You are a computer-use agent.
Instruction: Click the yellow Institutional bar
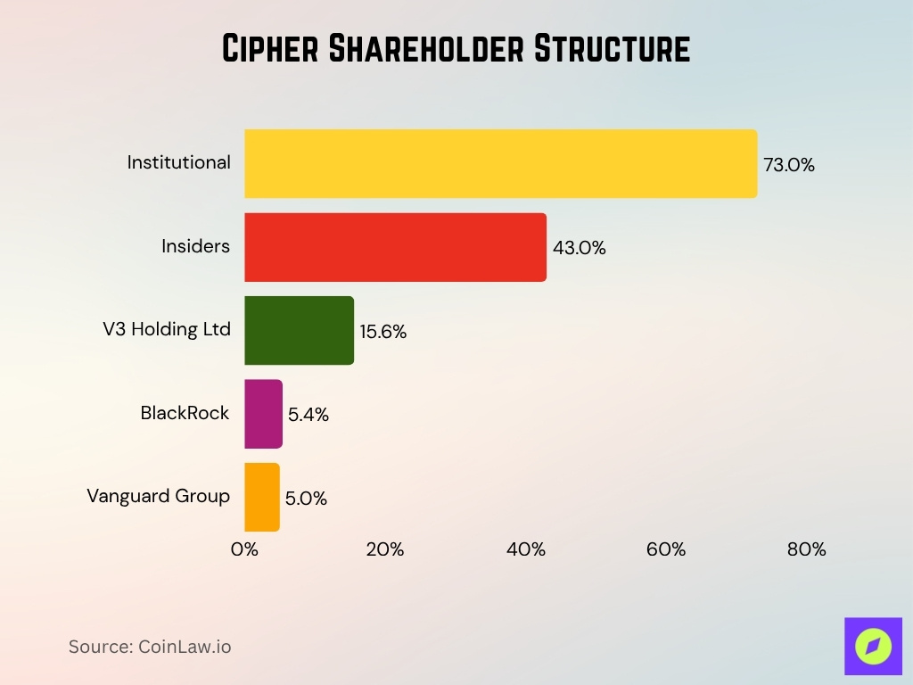[500, 163]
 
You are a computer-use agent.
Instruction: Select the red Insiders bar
[395, 247]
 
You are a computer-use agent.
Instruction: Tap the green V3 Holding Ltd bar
[299, 330]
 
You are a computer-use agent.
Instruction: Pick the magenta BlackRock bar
[263, 414]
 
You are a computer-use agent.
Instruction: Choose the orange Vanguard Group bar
[262, 497]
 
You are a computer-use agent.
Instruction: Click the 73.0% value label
[789, 165]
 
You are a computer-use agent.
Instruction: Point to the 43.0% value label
[580, 249]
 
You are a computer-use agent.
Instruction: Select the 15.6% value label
[383, 332]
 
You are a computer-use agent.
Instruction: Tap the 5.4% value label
[308, 415]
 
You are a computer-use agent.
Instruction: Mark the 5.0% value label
[306, 499]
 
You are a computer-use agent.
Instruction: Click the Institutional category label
[178, 162]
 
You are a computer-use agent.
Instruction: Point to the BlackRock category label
[185, 413]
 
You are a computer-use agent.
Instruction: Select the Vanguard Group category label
[158, 496]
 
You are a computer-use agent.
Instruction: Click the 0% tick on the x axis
[244, 549]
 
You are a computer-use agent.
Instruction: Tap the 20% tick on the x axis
[385, 549]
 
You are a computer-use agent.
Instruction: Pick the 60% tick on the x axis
[666, 549]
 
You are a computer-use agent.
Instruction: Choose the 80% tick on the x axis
[806, 549]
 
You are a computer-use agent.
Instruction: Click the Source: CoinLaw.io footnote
[150, 647]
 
